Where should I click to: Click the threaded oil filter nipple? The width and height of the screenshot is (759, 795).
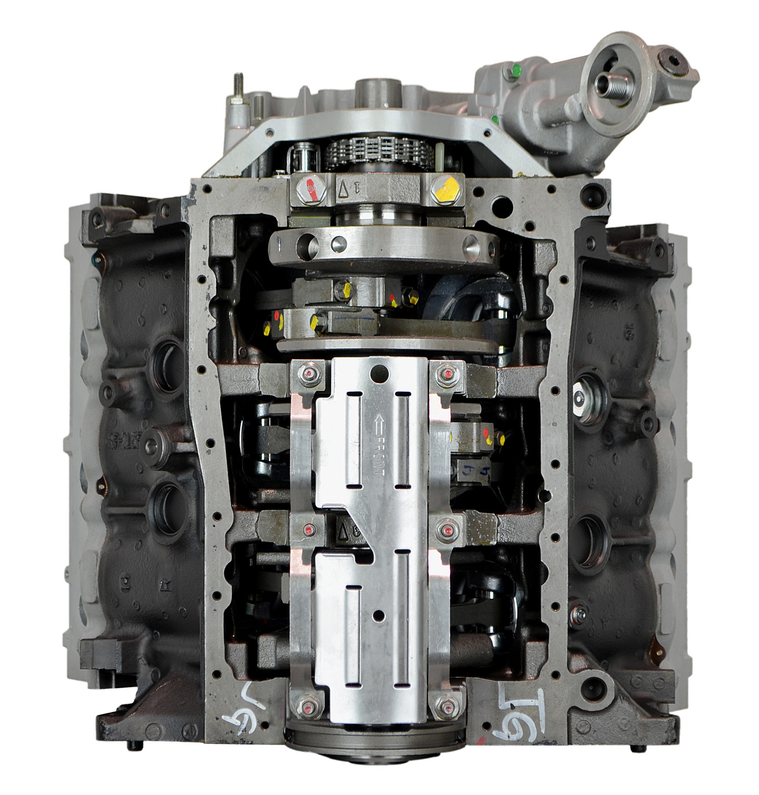click(607, 80)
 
